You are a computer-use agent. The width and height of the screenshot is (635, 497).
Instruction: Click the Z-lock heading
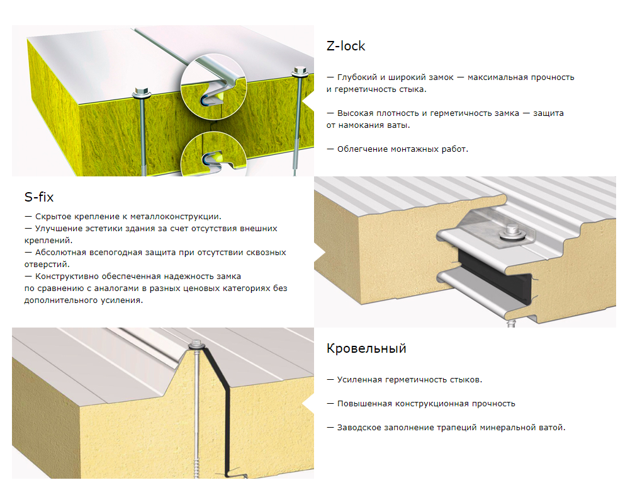coord(346,46)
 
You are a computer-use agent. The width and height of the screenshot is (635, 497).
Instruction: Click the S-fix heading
coord(39,197)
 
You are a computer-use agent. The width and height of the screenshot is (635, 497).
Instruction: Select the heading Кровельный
coord(366,348)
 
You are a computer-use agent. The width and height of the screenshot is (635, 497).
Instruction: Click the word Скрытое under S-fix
coord(52,217)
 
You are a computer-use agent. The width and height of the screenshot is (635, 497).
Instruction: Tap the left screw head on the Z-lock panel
coord(141,92)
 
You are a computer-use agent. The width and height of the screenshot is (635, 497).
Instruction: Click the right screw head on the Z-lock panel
coord(300,71)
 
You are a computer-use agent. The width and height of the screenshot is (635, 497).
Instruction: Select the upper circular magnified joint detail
coord(213,86)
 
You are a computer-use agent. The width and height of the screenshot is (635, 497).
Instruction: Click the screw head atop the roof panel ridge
coord(196,344)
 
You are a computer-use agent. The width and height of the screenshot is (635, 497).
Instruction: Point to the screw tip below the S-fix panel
coord(511,323)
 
